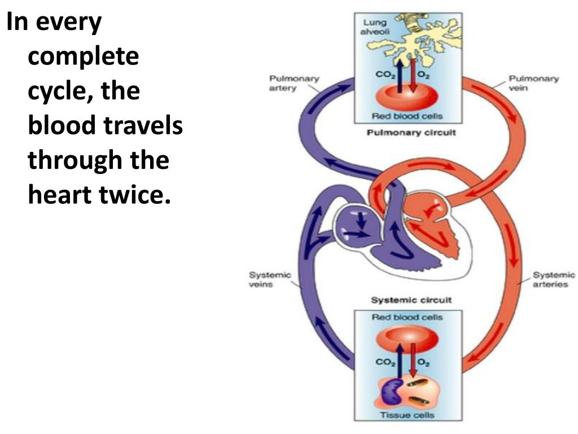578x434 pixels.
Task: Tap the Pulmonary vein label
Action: (533, 84)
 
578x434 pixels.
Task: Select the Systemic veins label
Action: (269, 280)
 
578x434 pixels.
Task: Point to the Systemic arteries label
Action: (554, 280)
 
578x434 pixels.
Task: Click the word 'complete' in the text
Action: (83, 58)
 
